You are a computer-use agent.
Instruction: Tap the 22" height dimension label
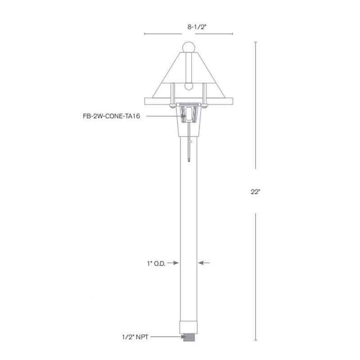pyautogui.click(x=256, y=192)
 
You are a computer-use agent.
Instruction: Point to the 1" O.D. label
pyautogui.click(x=156, y=264)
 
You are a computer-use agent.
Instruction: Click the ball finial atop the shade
pyautogui.click(x=189, y=47)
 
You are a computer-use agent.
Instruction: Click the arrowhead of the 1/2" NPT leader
pyautogui.click(x=179, y=336)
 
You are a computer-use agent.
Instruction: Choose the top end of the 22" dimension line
pyautogui.click(x=256, y=42)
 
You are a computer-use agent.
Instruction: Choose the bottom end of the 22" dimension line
pyautogui.click(x=256, y=341)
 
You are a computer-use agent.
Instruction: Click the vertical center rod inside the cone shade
pyautogui.click(x=189, y=67)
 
